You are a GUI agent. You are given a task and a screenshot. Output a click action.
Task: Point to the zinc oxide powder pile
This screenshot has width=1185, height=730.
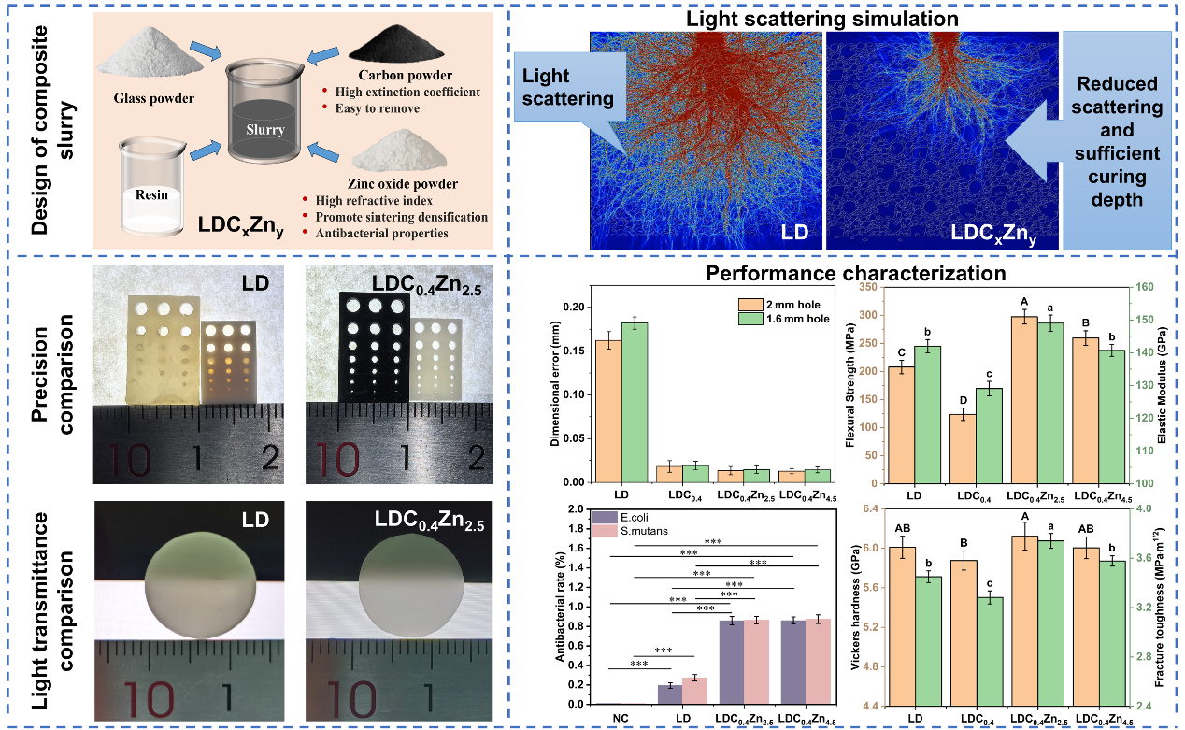coord(407,152)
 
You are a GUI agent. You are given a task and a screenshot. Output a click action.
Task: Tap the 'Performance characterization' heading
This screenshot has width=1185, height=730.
coord(856,274)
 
